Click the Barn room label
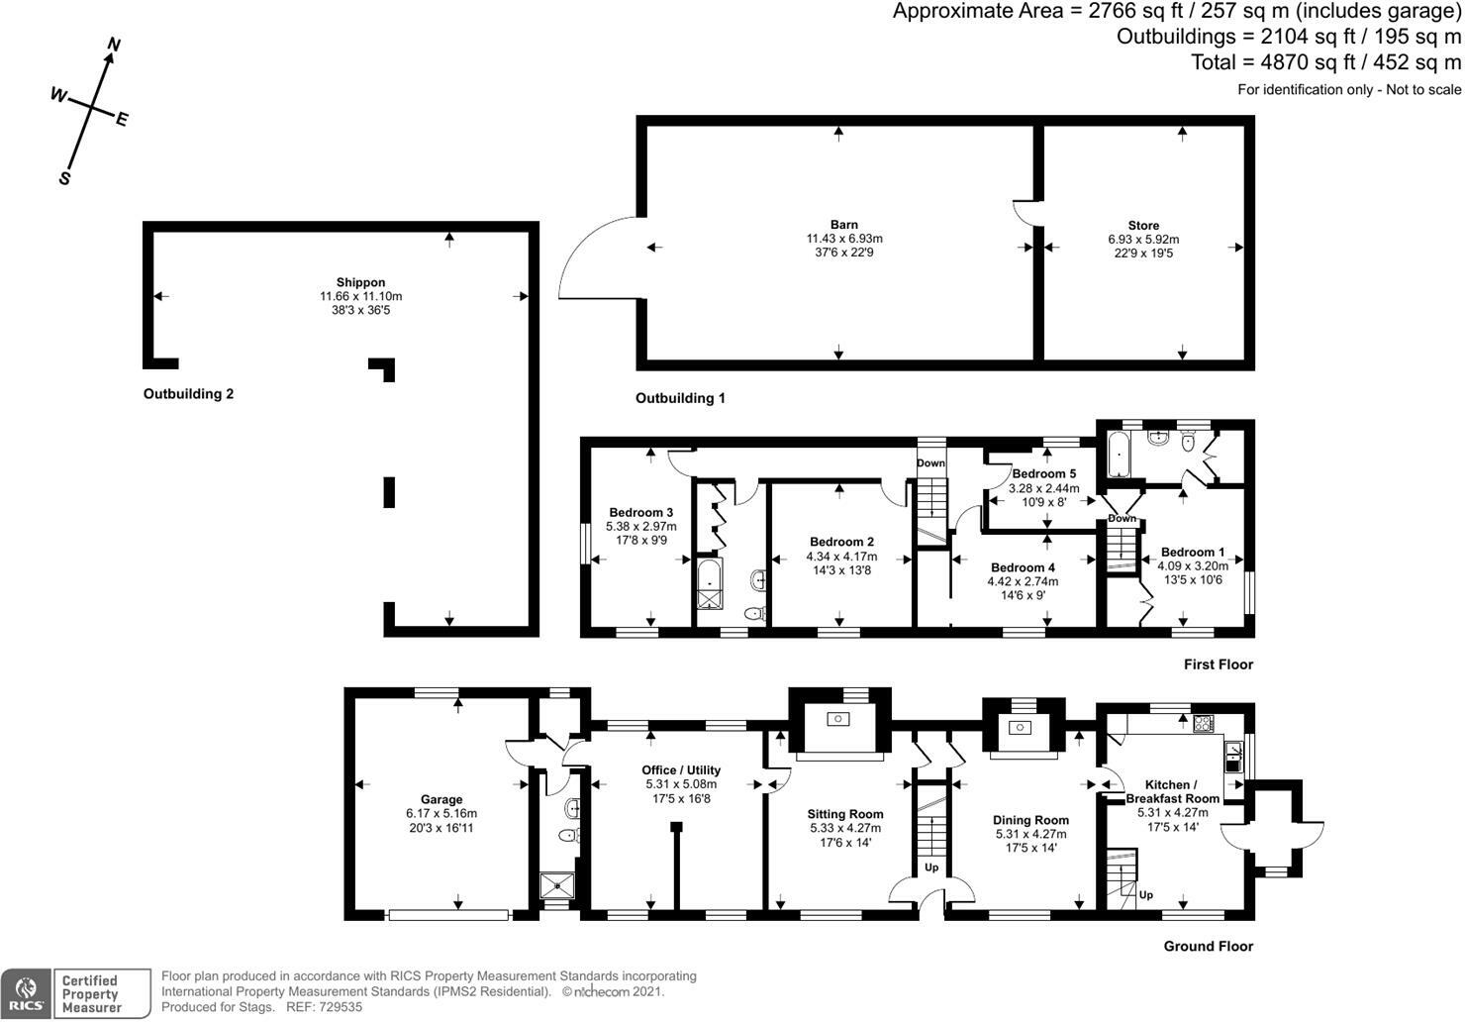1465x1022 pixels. tap(844, 225)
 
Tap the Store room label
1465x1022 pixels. tap(1143, 226)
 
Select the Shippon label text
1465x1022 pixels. tap(360, 282)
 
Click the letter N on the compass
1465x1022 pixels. tap(114, 45)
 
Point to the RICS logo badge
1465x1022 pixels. tap(26, 993)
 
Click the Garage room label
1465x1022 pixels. tap(441, 799)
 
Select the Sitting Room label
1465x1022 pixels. tap(845, 814)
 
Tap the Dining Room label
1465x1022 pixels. tap(1030, 820)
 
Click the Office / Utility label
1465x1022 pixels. tap(681, 769)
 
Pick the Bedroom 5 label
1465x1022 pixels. tap(1044, 474)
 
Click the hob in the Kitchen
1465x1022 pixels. tap(1203, 723)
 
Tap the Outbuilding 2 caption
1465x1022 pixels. tap(188, 393)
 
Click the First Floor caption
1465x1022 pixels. tap(1218, 664)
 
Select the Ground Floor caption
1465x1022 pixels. tap(1208, 946)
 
